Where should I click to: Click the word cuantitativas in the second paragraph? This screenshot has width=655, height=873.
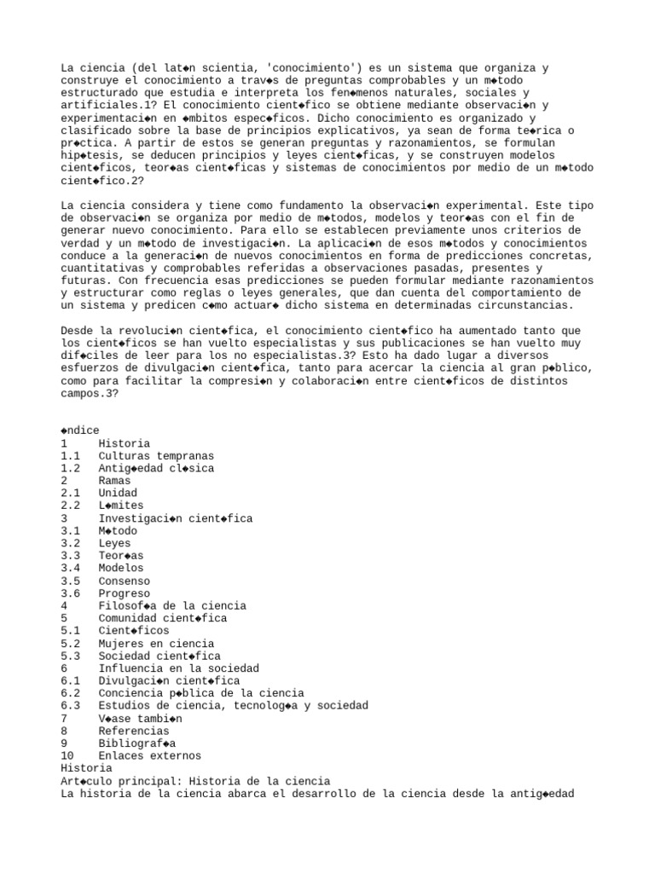click(101, 268)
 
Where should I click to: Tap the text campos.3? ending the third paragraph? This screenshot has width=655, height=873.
click(91, 393)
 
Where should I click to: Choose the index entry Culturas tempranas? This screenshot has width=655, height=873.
click(156, 456)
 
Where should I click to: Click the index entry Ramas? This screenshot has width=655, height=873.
click(116, 481)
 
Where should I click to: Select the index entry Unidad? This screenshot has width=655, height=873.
click(119, 493)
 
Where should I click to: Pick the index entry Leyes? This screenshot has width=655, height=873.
click(116, 543)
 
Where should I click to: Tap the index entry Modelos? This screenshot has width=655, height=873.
click(121, 568)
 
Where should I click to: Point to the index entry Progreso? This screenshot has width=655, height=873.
click(125, 593)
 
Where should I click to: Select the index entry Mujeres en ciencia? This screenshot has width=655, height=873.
click(156, 644)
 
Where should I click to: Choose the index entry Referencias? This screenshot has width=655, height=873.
click(134, 731)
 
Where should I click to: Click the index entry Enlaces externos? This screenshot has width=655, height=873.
click(149, 755)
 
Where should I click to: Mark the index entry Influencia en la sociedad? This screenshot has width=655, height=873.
click(178, 668)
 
